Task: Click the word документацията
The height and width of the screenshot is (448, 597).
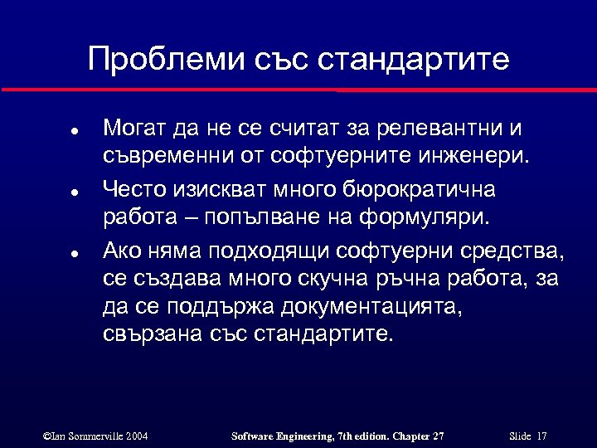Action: (x=369, y=306)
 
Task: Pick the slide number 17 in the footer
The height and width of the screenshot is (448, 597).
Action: (x=541, y=436)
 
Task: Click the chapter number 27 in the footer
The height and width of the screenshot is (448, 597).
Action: (x=437, y=436)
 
